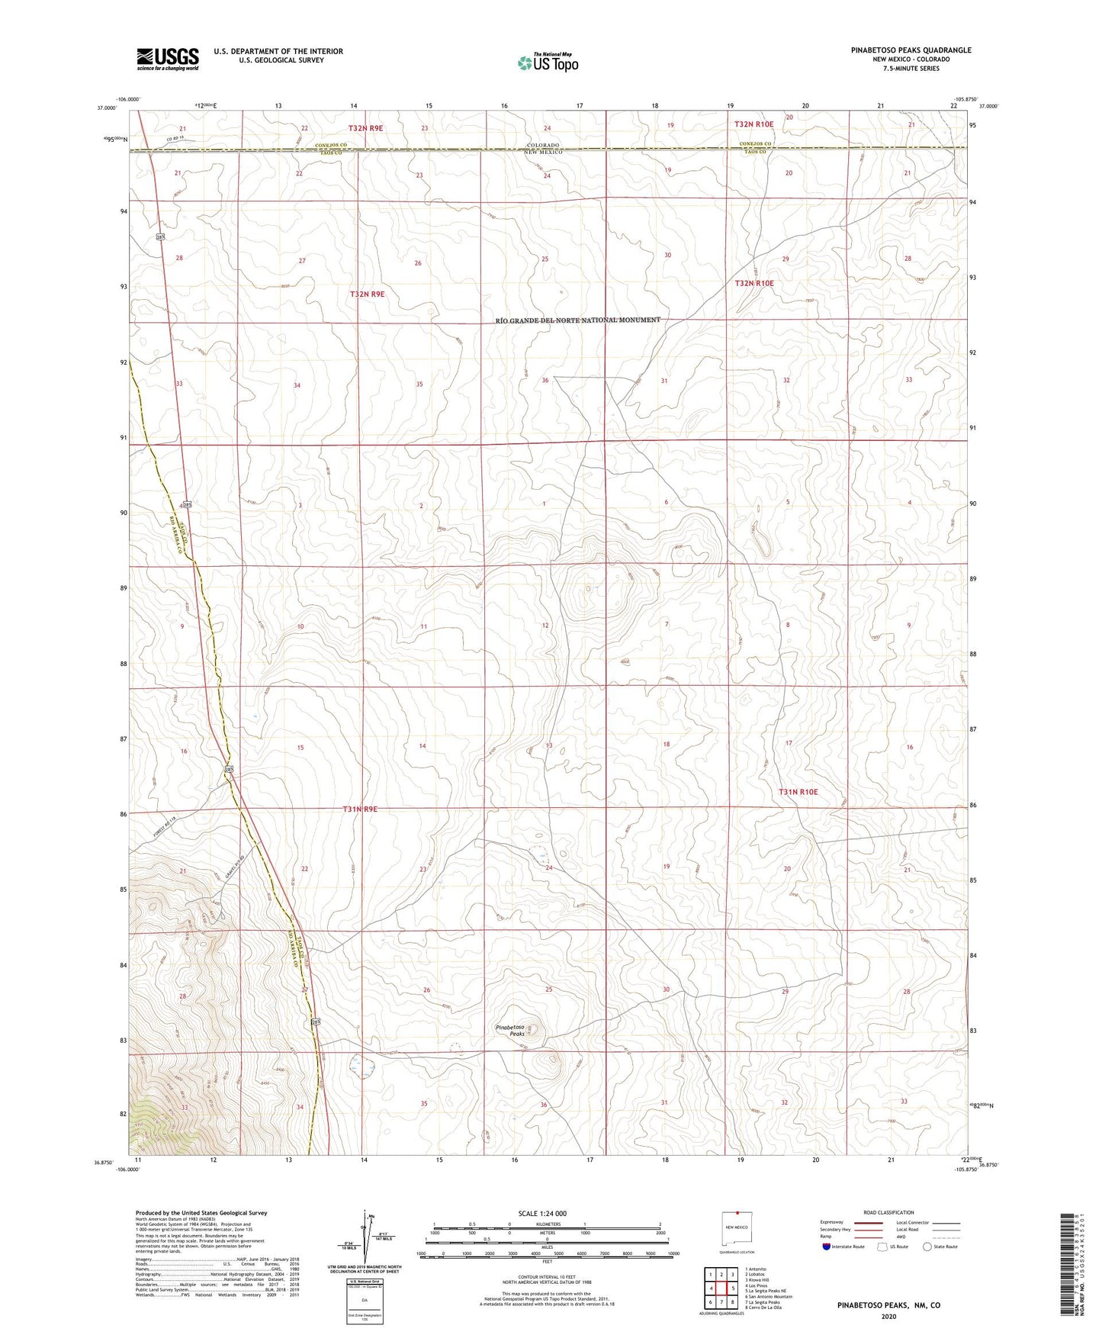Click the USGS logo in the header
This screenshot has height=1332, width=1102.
167,58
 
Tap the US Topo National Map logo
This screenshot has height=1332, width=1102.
548,63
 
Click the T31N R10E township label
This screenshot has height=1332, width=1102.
798,792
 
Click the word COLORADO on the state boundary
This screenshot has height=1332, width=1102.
542,145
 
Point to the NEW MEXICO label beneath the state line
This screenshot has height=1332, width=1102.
543,153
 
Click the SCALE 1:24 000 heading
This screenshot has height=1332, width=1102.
542,1213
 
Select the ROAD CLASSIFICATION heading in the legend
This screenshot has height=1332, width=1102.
888,1212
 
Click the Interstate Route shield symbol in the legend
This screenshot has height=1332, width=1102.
826,1247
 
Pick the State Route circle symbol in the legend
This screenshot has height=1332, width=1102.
927,1247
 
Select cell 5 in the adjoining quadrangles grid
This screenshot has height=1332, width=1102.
721,1289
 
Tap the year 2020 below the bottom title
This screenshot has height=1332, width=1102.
888,1316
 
